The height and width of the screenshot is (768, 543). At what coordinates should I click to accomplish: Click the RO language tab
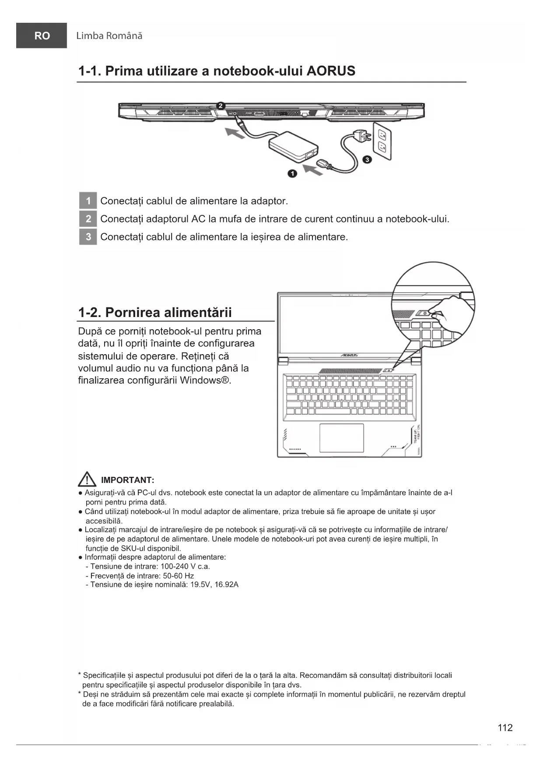(x=42, y=36)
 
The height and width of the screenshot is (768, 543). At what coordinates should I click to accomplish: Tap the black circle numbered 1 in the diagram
(x=292, y=174)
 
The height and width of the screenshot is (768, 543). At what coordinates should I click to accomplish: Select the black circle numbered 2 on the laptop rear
(x=221, y=106)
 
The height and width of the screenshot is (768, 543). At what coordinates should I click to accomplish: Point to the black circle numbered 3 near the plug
(x=367, y=159)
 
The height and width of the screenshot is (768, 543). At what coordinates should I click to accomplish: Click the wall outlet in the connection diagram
(x=382, y=140)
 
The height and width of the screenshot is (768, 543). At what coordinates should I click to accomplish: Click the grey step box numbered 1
(x=88, y=201)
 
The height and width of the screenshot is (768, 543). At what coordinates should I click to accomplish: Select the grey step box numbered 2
(x=88, y=219)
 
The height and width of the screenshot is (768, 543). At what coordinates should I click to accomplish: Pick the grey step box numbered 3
(x=88, y=237)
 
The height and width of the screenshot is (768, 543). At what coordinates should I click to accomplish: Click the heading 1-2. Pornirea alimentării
(x=155, y=313)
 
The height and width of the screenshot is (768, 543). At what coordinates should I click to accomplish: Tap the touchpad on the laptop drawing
(x=341, y=437)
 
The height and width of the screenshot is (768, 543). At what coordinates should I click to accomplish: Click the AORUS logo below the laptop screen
(x=349, y=355)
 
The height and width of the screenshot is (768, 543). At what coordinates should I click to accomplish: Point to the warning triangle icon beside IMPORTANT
(x=87, y=479)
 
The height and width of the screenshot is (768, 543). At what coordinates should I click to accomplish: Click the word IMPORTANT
(x=127, y=480)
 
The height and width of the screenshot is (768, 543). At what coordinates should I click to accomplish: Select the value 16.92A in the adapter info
(x=226, y=585)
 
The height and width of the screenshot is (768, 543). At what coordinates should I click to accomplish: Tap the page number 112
(x=505, y=728)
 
